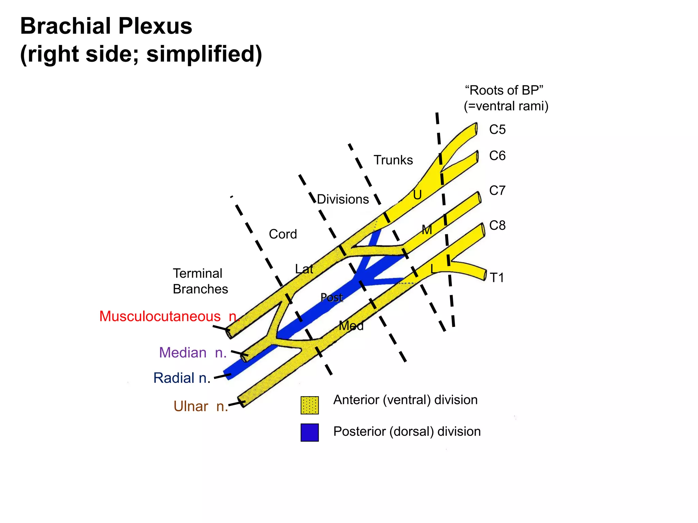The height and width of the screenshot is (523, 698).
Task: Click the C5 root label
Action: [x=497, y=130]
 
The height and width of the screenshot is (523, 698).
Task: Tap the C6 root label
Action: [x=497, y=156]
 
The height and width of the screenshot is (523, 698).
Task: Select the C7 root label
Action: [x=497, y=191]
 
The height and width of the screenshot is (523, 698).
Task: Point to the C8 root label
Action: [x=497, y=225]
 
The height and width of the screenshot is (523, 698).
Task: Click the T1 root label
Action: [x=497, y=278]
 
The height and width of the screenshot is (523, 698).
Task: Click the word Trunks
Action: [x=393, y=160]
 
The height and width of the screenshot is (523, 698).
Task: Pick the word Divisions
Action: [x=343, y=199]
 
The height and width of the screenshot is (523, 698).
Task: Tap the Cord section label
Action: [x=283, y=234]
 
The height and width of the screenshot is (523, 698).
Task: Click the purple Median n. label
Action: [x=193, y=352]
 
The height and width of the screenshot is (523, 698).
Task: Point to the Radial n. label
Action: [x=182, y=378]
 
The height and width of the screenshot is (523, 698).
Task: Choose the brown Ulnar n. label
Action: [x=200, y=406]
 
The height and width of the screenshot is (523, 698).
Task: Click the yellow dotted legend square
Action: [x=309, y=405]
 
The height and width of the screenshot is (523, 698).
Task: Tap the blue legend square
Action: [x=309, y=432]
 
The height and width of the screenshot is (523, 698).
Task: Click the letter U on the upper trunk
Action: [x=417, y=195]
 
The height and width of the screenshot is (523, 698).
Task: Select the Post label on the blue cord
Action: [x=331, y=298]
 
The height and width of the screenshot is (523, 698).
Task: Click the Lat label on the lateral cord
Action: [x=304, y=269]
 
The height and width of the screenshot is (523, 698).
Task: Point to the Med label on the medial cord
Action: [x=351, y=326]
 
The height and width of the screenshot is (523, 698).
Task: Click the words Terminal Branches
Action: [x=200, y=281]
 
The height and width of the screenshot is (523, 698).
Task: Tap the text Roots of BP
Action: [x=504, y=91]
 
